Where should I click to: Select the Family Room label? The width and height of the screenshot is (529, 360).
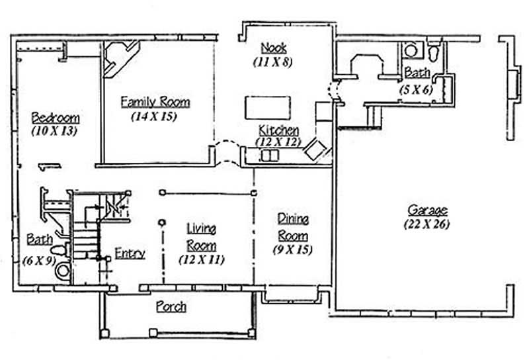(155, 102)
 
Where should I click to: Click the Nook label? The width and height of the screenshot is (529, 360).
(272, 48)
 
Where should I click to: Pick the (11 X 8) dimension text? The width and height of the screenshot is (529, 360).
(272, 62)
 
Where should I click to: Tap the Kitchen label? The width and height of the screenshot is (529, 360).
(278, 130)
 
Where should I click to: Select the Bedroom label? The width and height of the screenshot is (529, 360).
(56, 118)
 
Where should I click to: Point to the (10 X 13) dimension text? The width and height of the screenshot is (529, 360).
(55, 131)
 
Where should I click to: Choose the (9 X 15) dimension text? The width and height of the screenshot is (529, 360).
(292, 249)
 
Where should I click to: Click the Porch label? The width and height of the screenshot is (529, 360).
(171, 307)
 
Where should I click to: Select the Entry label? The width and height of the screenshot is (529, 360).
(130, 252)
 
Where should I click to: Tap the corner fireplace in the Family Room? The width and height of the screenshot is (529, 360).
(121, 56)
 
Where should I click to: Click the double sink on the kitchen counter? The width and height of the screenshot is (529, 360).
(270, 156)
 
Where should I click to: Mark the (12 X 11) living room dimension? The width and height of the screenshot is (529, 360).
(201, 259)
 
